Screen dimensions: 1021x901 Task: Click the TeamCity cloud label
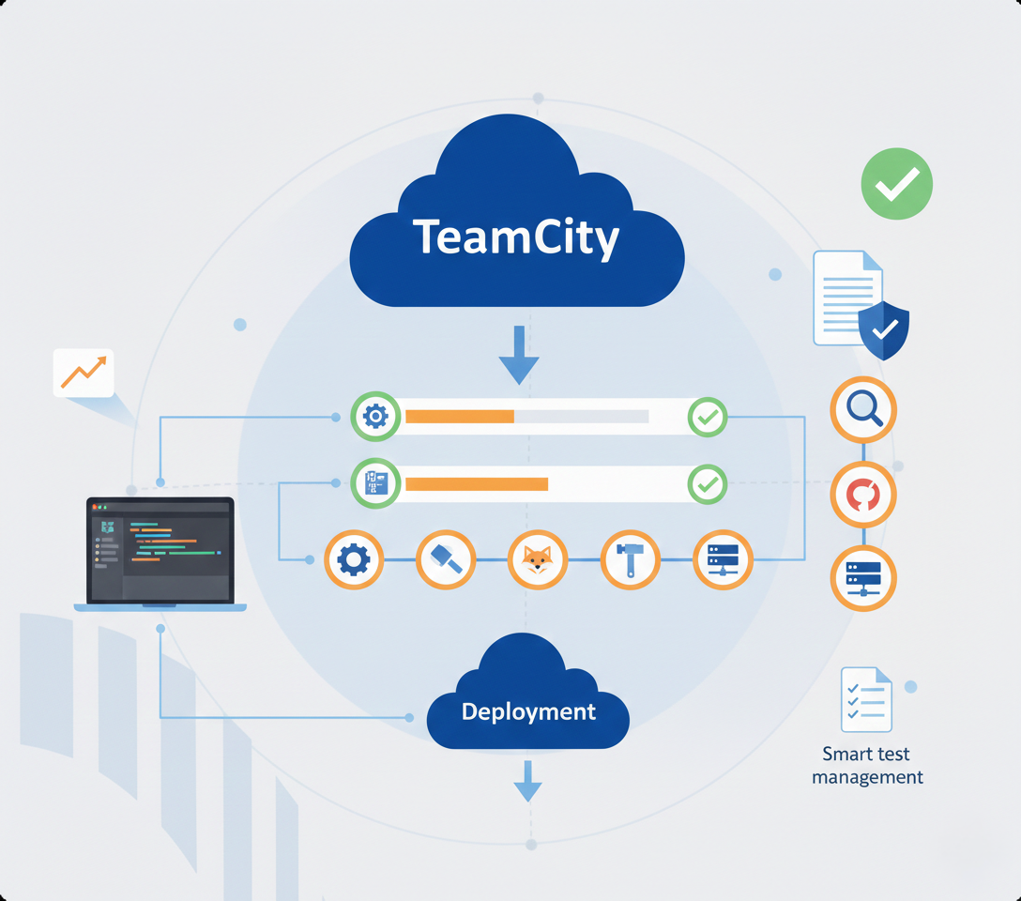tap(516, 237)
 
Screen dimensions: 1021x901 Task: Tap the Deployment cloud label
tap(528, 711)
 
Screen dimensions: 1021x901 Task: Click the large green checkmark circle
tap(896, 184)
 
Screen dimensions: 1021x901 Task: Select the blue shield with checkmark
tap(883, 329)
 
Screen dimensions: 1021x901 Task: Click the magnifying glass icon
tap(863, 408)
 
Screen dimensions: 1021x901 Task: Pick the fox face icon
tap(537, 560)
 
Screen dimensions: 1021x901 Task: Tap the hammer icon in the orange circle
tap(629, 560)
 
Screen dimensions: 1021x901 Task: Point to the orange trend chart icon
tap(84, 373)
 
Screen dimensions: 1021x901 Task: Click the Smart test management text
tap(867, 766)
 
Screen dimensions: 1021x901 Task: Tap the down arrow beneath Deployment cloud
tap(527, 781)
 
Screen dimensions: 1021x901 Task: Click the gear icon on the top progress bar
tap(375, 417)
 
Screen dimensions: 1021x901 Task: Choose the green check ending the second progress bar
tap(707, 484)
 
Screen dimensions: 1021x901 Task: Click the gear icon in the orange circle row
tap(354, 560)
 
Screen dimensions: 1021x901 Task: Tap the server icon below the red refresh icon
tap(863, 579)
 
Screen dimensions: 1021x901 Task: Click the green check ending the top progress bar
tap(707, 417)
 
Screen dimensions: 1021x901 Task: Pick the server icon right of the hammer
tap(722, 560)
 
